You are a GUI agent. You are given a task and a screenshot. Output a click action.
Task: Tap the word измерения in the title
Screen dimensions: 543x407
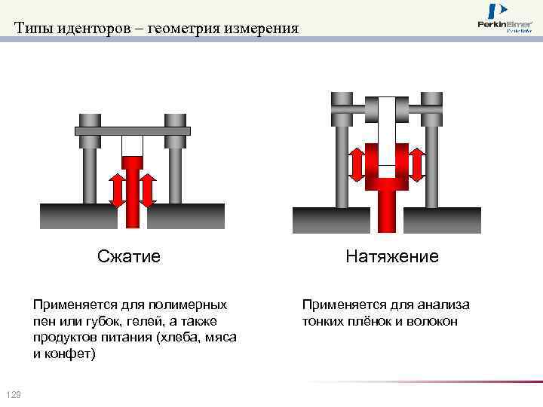(x=256, y=29)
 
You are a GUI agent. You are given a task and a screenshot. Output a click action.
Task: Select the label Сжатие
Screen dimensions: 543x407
(x=129, y=256)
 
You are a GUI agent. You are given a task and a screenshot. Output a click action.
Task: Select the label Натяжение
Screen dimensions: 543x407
(x=392, y=256)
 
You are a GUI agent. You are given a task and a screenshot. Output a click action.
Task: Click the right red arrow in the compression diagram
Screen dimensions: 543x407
(x=148, y=189)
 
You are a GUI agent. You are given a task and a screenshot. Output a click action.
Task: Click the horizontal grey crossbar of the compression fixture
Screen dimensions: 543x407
(x=133, y=131)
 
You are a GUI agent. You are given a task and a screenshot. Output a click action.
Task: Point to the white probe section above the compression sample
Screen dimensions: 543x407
(x=133, y=146)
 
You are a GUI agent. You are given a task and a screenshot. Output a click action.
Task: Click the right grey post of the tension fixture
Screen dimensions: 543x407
(x=431, y=162)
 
